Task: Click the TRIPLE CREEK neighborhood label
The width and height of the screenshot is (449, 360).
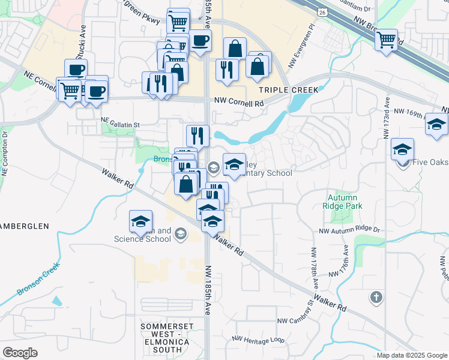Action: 288,89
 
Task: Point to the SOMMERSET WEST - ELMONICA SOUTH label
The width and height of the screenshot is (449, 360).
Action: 169,337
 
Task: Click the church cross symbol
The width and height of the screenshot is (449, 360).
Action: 376,297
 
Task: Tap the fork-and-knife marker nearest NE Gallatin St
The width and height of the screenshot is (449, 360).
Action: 197,135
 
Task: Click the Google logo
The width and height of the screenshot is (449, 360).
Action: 20,353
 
